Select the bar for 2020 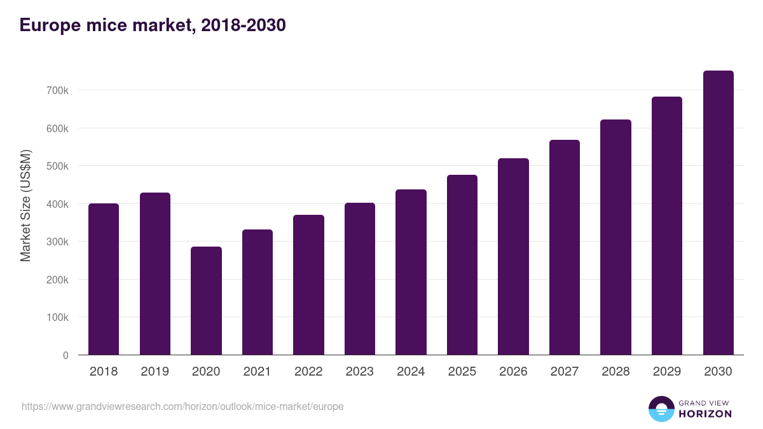[x=206, y=301]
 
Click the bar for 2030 [x=718, y=213]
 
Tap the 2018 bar [x=104, y=279]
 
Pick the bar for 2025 [x=462, y=265]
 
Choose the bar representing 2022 [x=308, y=285]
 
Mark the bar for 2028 [x=615, y=237]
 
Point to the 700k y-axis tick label [x=57, y=91]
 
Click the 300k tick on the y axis [x=57, y=242]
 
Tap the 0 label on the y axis [x=65, y=355]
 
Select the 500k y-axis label [x=57, y=167]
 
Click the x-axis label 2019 [x=155, y=372]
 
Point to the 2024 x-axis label [x=411, y=372]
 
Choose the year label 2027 [x=564, y=372]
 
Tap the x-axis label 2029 [x=666, y=372]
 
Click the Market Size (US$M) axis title [x=25, y=205]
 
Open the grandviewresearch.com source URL [x=182, y=406]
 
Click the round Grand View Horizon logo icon [x=661, y=409]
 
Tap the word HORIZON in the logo [x=705, y=414]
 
